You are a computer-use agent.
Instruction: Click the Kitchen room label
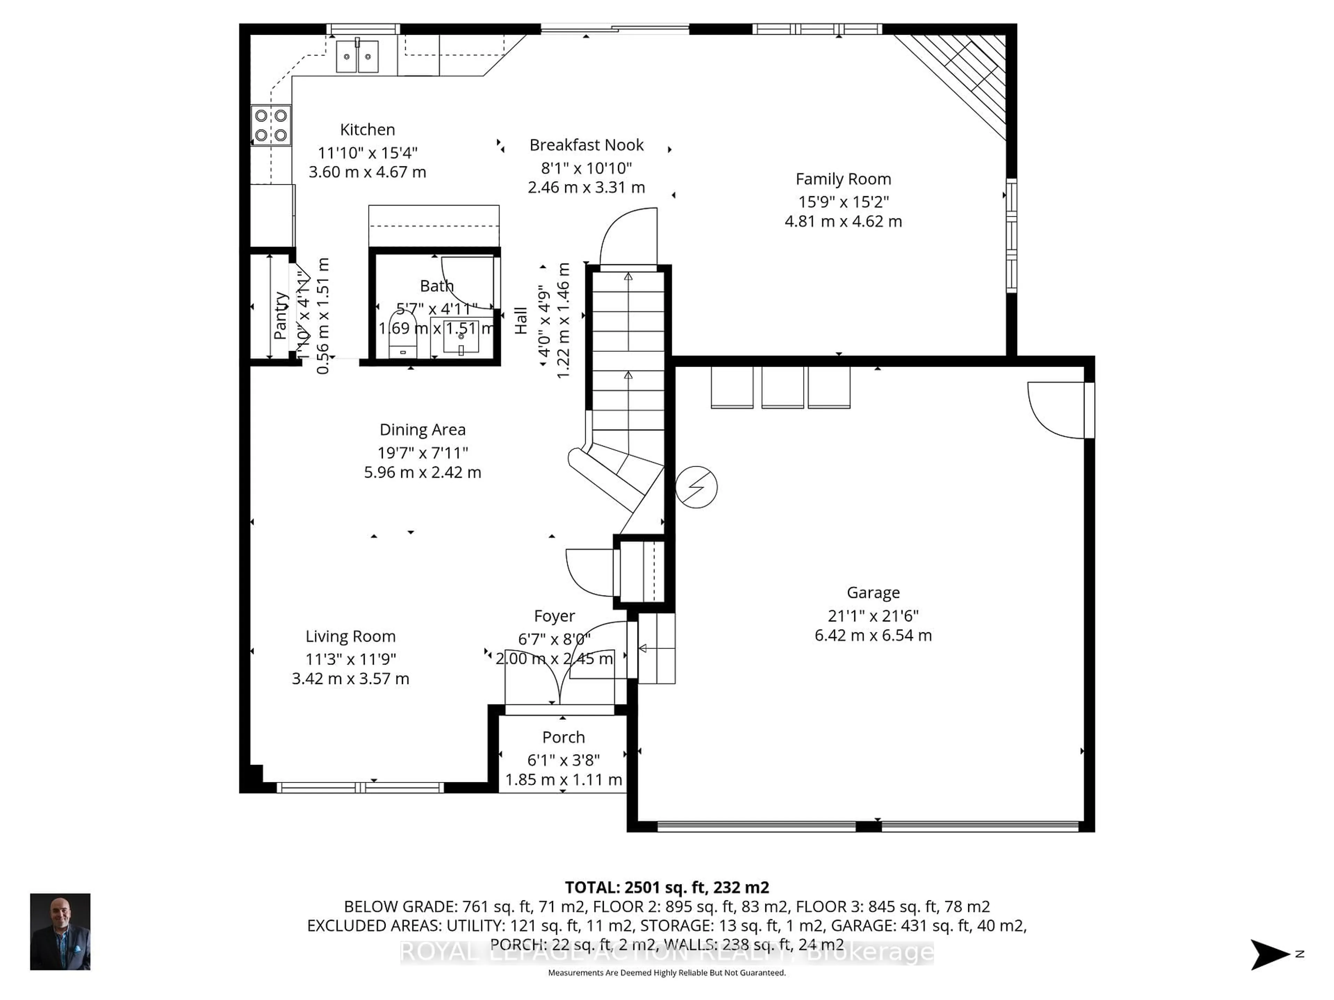[367, 130]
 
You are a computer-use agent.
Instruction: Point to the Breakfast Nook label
[586, 145]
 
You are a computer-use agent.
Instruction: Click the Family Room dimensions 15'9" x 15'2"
[843, 202]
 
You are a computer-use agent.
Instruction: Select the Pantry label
[280, 316]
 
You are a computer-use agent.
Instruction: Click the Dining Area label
[422, 430]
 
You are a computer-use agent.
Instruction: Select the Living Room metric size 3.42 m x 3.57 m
[351, 679]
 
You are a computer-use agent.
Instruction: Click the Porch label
[563, 737]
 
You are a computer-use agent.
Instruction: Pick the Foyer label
[554, 616]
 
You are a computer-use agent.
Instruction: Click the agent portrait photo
[60, 931]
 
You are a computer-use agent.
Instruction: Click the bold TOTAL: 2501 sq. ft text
[666, 887]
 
